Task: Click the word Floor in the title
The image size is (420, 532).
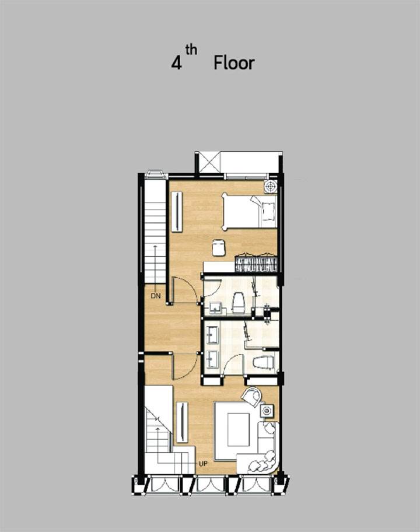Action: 234,63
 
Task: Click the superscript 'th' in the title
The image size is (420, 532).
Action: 191,50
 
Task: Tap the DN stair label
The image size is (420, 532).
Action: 156,296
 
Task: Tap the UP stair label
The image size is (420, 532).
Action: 203,464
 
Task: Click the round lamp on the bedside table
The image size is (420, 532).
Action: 271,186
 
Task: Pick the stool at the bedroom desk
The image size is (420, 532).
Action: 219,247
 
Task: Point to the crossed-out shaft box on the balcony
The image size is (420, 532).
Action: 208,163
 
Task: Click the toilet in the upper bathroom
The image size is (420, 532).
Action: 238,302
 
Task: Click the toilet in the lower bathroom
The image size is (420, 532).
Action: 263,362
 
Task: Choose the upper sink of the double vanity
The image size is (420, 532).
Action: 212,334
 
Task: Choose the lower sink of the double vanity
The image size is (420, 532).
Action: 212,358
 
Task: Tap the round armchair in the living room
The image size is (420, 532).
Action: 252,396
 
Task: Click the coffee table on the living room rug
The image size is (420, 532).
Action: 239,429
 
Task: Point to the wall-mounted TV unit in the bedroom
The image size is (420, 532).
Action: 176,212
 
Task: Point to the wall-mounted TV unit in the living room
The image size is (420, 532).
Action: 182,422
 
